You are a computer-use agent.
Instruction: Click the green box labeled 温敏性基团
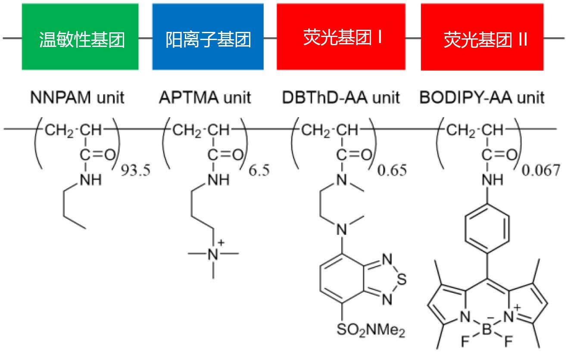[80, 37]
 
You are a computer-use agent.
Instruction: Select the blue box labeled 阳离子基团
[208, 37]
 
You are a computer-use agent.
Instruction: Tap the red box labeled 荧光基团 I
[341, 37]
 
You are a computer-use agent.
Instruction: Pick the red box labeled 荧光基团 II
[482, 37]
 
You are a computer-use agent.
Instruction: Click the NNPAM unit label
[77, 98]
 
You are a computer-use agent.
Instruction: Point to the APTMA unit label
[205, 98]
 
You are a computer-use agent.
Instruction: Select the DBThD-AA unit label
[341, 98]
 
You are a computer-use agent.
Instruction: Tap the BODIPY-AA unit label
[482, 98]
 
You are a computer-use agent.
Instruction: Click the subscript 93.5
[136, 170]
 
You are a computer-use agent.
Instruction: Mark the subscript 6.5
[259, 170]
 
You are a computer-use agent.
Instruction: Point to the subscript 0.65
[392, 170]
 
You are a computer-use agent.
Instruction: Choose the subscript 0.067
[541, 170]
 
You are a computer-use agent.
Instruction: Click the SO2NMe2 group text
[371, 330]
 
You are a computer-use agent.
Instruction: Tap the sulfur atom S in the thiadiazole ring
[402, 279]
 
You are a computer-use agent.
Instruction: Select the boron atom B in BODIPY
[487, 329]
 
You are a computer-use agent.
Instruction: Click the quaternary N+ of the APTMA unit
[213, 254]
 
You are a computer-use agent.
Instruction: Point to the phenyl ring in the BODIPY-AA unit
[487, 228]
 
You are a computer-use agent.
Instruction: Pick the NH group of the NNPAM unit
[91, 180]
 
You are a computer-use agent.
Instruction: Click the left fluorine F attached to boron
[465, 341]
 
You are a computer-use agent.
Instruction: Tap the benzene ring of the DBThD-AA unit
[342, 279]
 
